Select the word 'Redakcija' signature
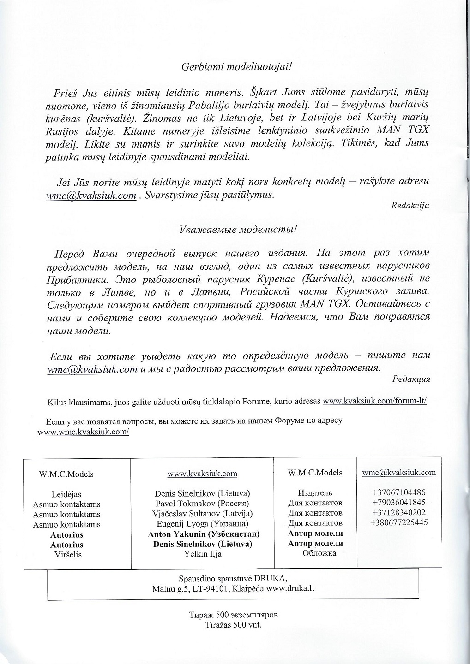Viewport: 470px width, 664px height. [410, 205]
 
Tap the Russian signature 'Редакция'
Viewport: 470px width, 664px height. [411, 379]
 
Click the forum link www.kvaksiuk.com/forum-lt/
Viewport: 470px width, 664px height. [374, 401]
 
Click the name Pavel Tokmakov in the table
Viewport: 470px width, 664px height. [202, 503]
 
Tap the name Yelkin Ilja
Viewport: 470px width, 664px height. [202, 554]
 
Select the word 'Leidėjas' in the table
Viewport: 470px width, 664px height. [66, 494]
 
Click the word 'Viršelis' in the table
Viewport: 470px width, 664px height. [66, 555]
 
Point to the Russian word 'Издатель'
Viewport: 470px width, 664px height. [315, 493]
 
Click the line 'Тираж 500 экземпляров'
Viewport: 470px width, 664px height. [234, 616]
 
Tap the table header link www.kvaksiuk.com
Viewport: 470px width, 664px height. [202, 474]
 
